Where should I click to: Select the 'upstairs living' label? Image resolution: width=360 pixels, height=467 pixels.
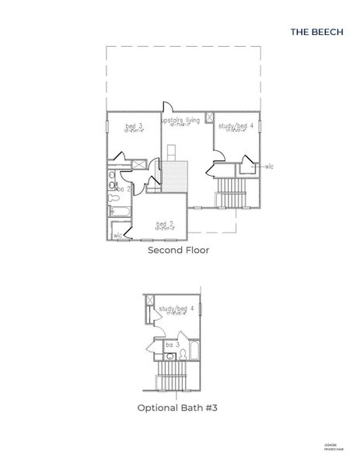(180, 121)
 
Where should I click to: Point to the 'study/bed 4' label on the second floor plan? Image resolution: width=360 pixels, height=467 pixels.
(231, 125)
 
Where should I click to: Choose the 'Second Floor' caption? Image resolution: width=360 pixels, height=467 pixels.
(178, 251)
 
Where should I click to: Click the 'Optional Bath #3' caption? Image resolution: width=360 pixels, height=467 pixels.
(178, 406)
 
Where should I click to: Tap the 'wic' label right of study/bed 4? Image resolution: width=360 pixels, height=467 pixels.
(270, 166)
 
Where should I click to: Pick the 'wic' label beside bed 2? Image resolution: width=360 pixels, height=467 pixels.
(117, 234)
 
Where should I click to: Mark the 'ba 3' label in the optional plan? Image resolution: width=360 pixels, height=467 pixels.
(172, 343)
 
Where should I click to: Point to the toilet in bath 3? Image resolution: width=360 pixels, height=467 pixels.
(183, 354)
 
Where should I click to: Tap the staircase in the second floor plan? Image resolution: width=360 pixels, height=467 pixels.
(231, 193)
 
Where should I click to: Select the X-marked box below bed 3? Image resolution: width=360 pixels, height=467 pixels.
(138, 165)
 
